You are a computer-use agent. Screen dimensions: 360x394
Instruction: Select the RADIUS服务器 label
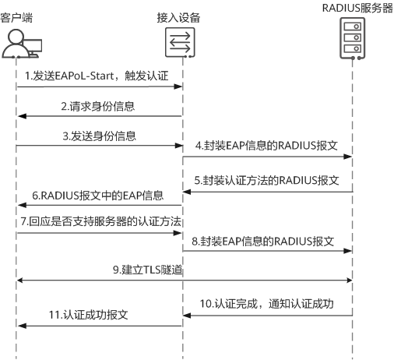coord(357,8)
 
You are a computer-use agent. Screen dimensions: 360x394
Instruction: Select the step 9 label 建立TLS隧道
coord(155,270)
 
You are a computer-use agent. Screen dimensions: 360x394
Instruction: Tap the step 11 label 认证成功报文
coord(93,316)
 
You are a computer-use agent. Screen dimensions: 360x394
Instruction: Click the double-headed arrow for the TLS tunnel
coord(234,281)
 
